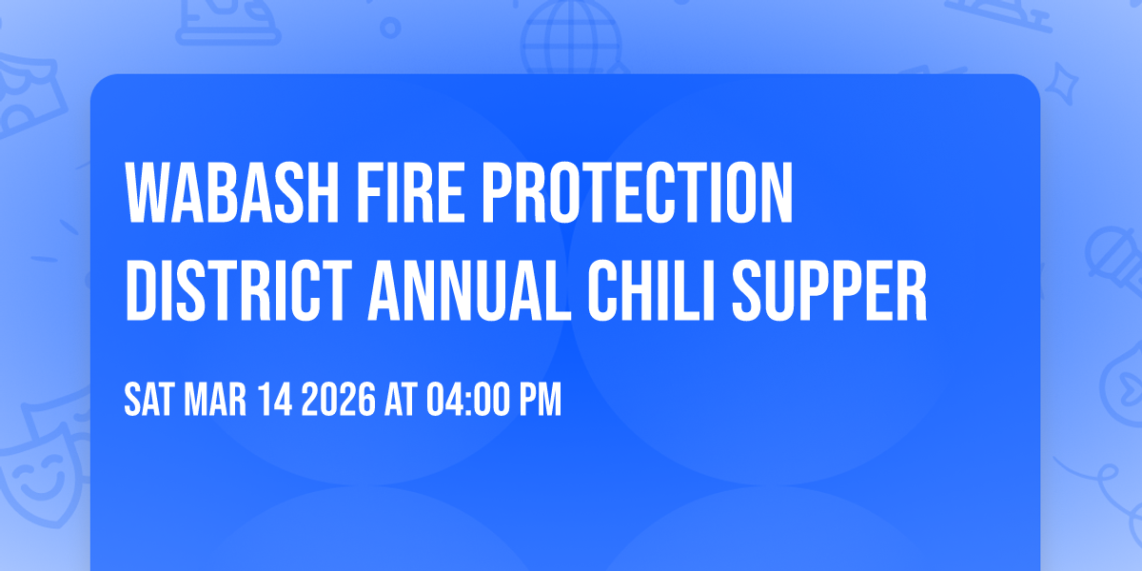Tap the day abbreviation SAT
click(x=148, y=401)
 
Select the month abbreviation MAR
click(x=218, y=401)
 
